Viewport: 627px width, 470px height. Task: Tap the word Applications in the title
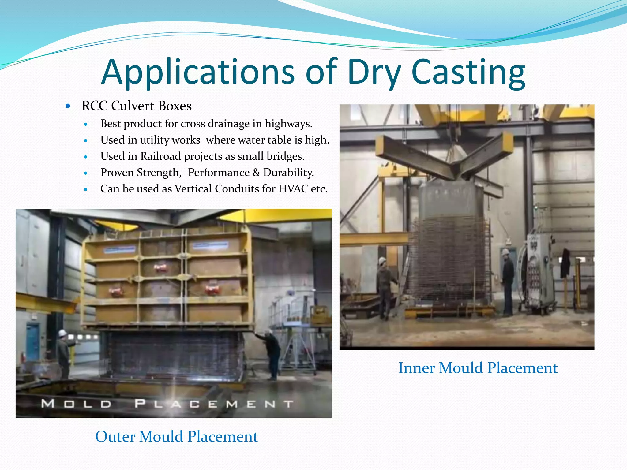[198, 72]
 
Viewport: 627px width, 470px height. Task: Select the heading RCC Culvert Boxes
[137, 106]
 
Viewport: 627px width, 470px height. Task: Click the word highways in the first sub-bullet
[288, 124]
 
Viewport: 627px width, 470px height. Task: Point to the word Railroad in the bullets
[160, 156]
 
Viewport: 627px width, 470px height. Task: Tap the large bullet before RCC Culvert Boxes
[68, 106]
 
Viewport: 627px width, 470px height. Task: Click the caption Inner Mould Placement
[478, 368]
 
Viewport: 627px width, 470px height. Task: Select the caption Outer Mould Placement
[177, 436]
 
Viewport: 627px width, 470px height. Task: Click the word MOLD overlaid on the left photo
[76, 404]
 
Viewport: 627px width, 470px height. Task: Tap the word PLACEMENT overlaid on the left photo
[214, 404]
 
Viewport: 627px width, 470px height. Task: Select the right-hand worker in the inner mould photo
[507, 282]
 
